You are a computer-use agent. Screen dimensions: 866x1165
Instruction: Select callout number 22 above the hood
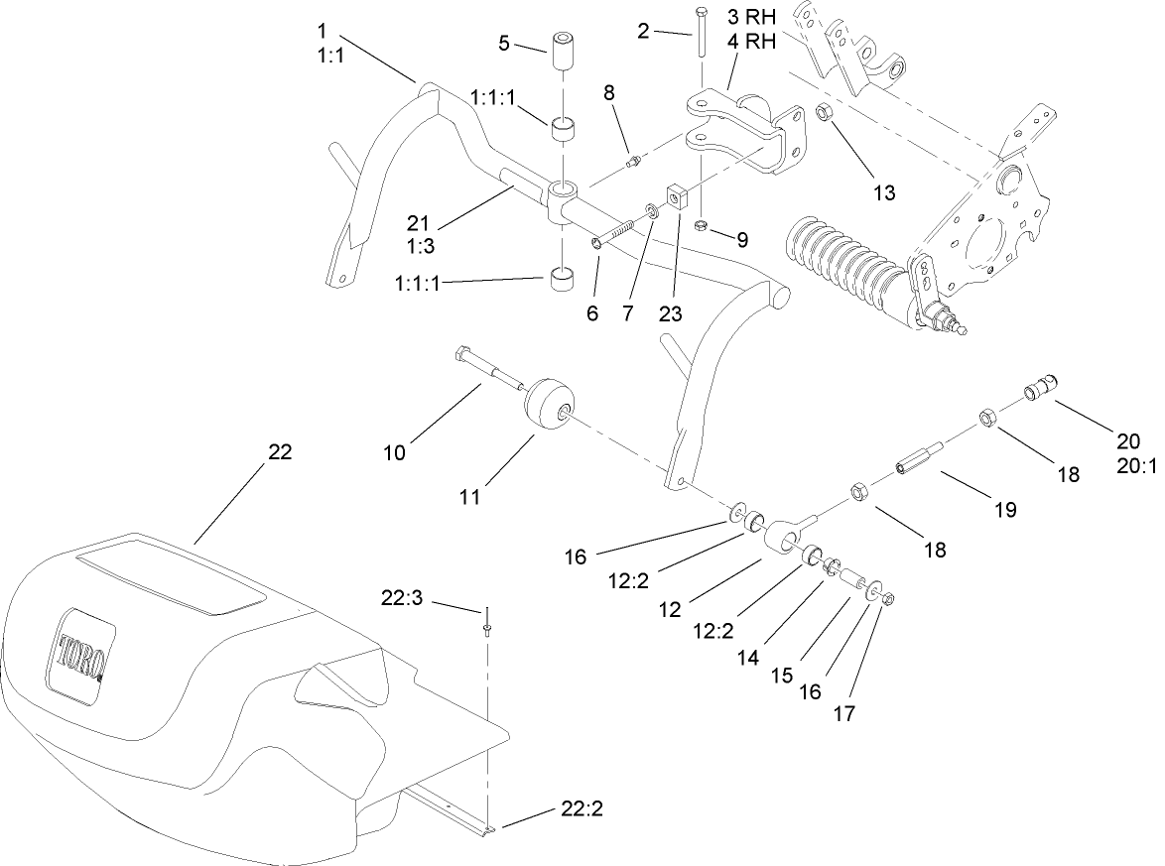pyautogui.click(x=281, y=451)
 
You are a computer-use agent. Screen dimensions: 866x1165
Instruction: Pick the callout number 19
pyautogui.click(x=1005, y=510)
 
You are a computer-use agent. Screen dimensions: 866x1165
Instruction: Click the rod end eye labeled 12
pyautogui.click(x=783, y=537)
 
